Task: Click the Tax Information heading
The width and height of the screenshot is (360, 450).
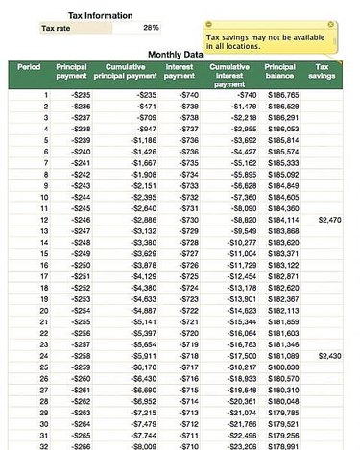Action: pyautogui.click(x=100, y=15)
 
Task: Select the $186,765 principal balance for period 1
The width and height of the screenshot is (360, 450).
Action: pyautogui.click(x=282, y=96)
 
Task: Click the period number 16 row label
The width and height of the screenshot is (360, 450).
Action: pyautogui.click(x=43, y=265)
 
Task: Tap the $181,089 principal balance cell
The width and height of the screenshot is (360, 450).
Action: pyautogui.click(x=282, y=355)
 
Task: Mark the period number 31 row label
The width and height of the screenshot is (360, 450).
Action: pyautogui.click(x=43, y=435)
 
